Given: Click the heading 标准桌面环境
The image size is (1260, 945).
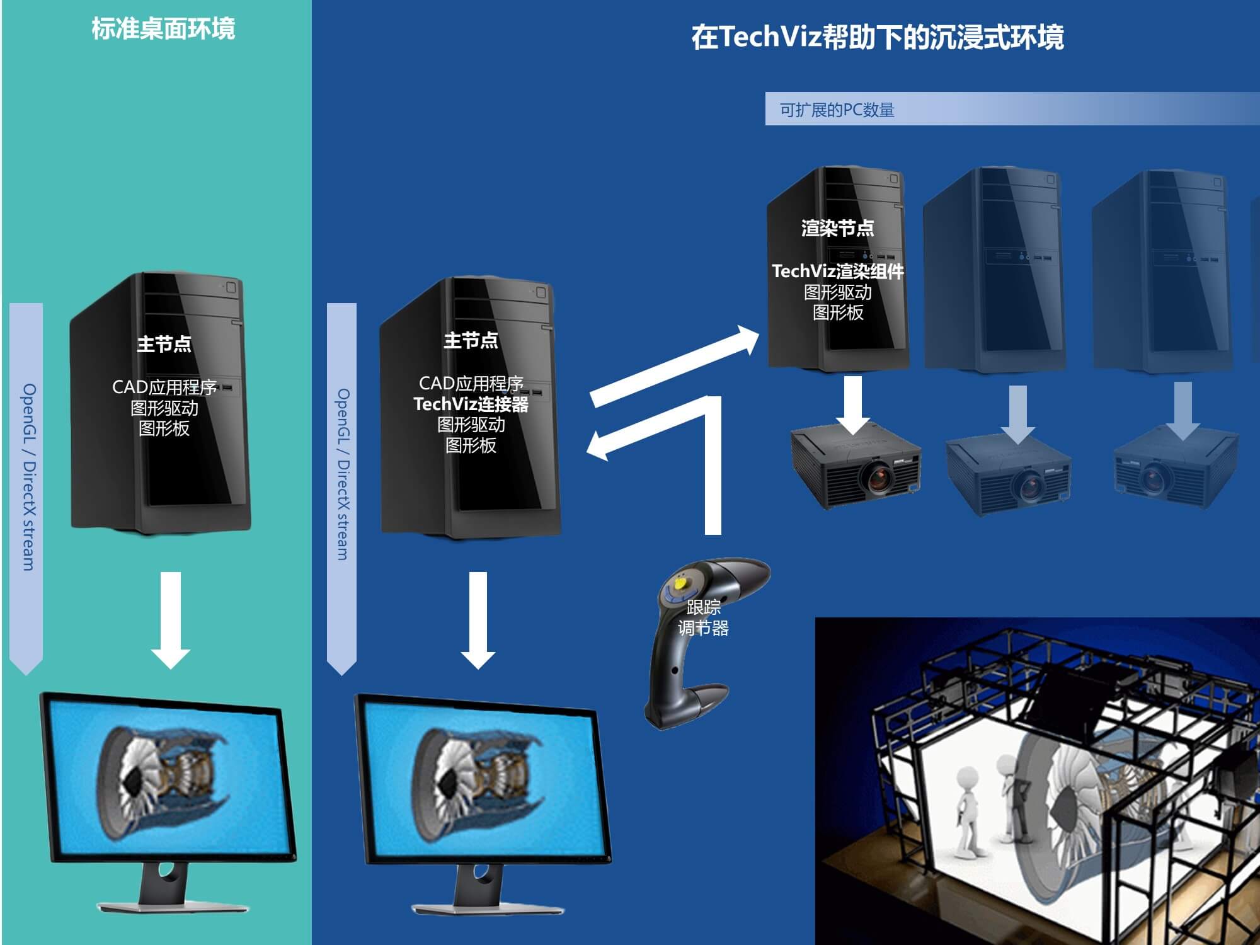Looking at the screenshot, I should (163, 29).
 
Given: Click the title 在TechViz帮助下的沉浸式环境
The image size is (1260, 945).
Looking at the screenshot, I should (877, 37).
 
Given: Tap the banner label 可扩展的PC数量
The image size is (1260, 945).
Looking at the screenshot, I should (837, 110).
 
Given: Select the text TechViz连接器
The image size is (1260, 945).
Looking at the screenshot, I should (471, 404).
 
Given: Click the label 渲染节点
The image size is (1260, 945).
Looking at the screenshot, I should (837, 228).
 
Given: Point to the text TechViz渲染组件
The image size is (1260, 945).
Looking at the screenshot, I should (837, 271).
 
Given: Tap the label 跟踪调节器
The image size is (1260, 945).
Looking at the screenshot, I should (703, 617).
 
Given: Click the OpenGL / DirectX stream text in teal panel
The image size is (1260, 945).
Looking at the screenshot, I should (29, 477).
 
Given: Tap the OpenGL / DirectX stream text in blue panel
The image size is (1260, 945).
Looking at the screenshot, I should (342, 474).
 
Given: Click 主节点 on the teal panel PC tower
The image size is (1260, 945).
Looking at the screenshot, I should (164, 344).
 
